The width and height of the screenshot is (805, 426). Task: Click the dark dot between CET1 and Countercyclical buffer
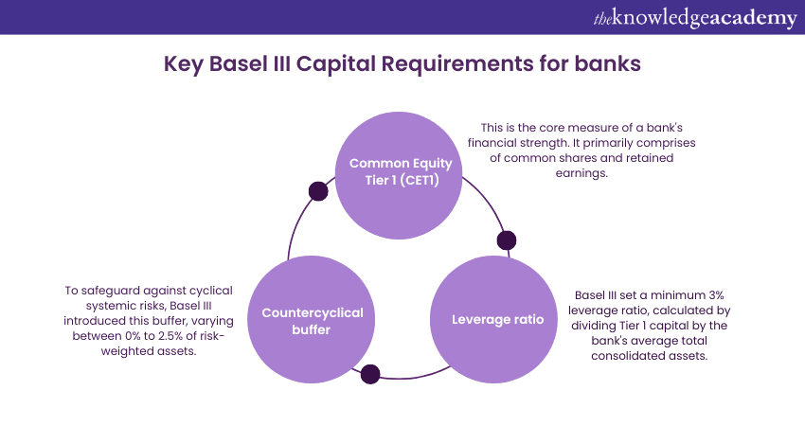coord(318,191)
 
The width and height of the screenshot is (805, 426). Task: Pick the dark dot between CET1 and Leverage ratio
coord(507,240)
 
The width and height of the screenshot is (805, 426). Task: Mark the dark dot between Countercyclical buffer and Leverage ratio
coord(370,374)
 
